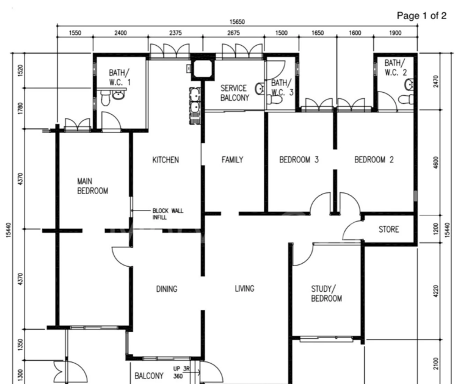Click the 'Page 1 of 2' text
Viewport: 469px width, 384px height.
tap(421, 15)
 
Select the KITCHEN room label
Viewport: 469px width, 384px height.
tap(165, 160)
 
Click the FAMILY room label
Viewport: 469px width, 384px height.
tap(232, 160)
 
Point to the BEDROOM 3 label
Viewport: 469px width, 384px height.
tap(299, 160)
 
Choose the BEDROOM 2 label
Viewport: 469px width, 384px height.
tap(374, 160)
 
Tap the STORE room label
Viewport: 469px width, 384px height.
tap(388, 230)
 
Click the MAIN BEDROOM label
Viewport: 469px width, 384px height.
tap(92, 186)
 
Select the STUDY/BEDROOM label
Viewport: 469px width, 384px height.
tap(326, 294)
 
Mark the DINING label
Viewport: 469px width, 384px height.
tap(166, 289)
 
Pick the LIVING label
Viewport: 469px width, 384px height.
tap(244, 289)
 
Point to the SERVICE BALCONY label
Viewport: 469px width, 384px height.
tap(234, 93)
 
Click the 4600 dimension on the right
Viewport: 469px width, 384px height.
tap(435, 162)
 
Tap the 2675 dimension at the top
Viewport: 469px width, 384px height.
tap(233, 33)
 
